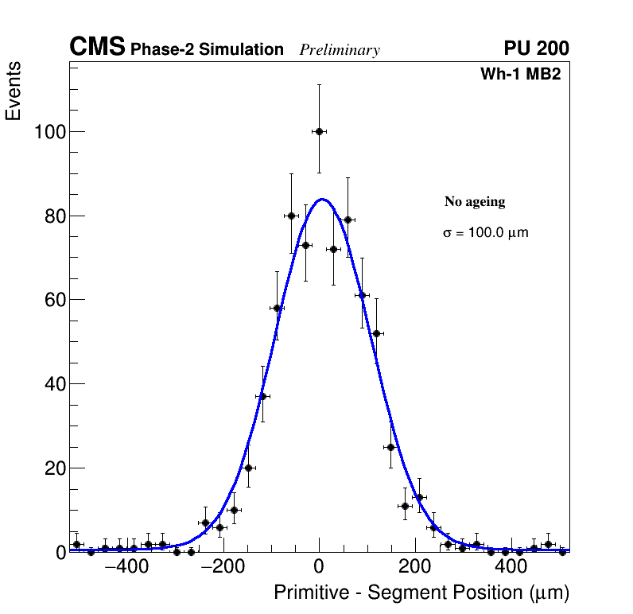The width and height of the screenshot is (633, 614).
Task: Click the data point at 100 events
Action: [319, 131]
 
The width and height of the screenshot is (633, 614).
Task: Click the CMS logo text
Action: [97, 48]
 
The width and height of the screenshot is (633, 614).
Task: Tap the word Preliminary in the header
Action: [340, 50]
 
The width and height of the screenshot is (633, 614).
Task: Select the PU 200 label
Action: [536, 49]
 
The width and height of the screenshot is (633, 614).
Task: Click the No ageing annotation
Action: [475, 202]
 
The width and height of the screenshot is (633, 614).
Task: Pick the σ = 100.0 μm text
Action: [485, 233]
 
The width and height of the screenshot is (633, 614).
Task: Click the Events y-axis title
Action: [14, 91]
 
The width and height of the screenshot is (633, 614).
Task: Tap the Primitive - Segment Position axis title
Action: [421, 593]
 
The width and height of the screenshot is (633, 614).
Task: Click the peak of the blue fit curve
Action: [323, 199]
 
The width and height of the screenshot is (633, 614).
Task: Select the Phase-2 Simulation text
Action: [207, 49]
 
